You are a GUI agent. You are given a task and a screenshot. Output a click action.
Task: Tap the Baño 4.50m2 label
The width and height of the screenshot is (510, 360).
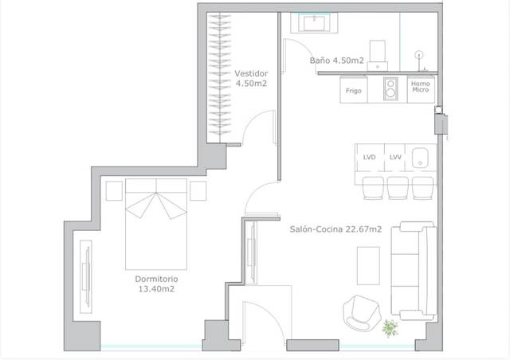pyautogui.click(x=336, y=61)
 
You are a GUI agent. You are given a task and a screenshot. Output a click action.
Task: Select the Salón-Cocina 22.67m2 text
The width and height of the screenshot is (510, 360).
pyautogui.click(x=335, y=229)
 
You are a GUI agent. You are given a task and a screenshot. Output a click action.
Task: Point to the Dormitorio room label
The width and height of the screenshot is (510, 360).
pyautogui.click(x=155, y=284)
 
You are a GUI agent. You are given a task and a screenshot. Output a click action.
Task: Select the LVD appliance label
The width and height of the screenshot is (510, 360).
pyautogui.click(x=370, y=158)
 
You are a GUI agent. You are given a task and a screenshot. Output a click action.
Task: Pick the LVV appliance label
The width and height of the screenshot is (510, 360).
pyautogui.click(x=394, y=158)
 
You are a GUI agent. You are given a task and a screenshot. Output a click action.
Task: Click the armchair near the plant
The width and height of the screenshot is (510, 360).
pyautogui.click(x=360, y=311)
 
